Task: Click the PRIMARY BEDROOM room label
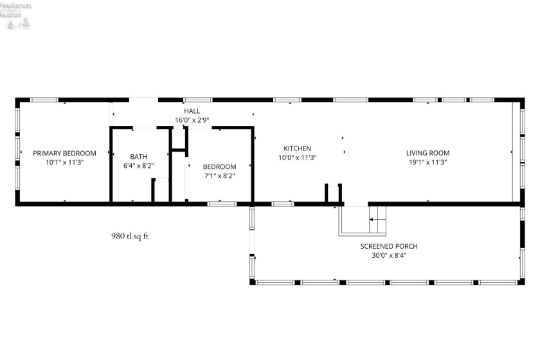(64, 153)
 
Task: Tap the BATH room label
(138, 156)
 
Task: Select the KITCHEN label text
(296, 148)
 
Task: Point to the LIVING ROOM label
(428, 153)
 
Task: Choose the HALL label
(192, 111)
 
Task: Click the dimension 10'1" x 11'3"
(64, 163)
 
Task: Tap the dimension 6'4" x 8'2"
(138, 166)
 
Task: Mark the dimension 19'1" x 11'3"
(428, 163)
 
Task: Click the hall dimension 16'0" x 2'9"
(192, 120)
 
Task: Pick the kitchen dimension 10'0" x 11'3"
(296, 157)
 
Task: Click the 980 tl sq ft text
(130, 236)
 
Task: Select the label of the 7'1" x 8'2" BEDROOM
(219, 166)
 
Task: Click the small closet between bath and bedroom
(178, 139)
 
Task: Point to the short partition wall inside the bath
(154, 190)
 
